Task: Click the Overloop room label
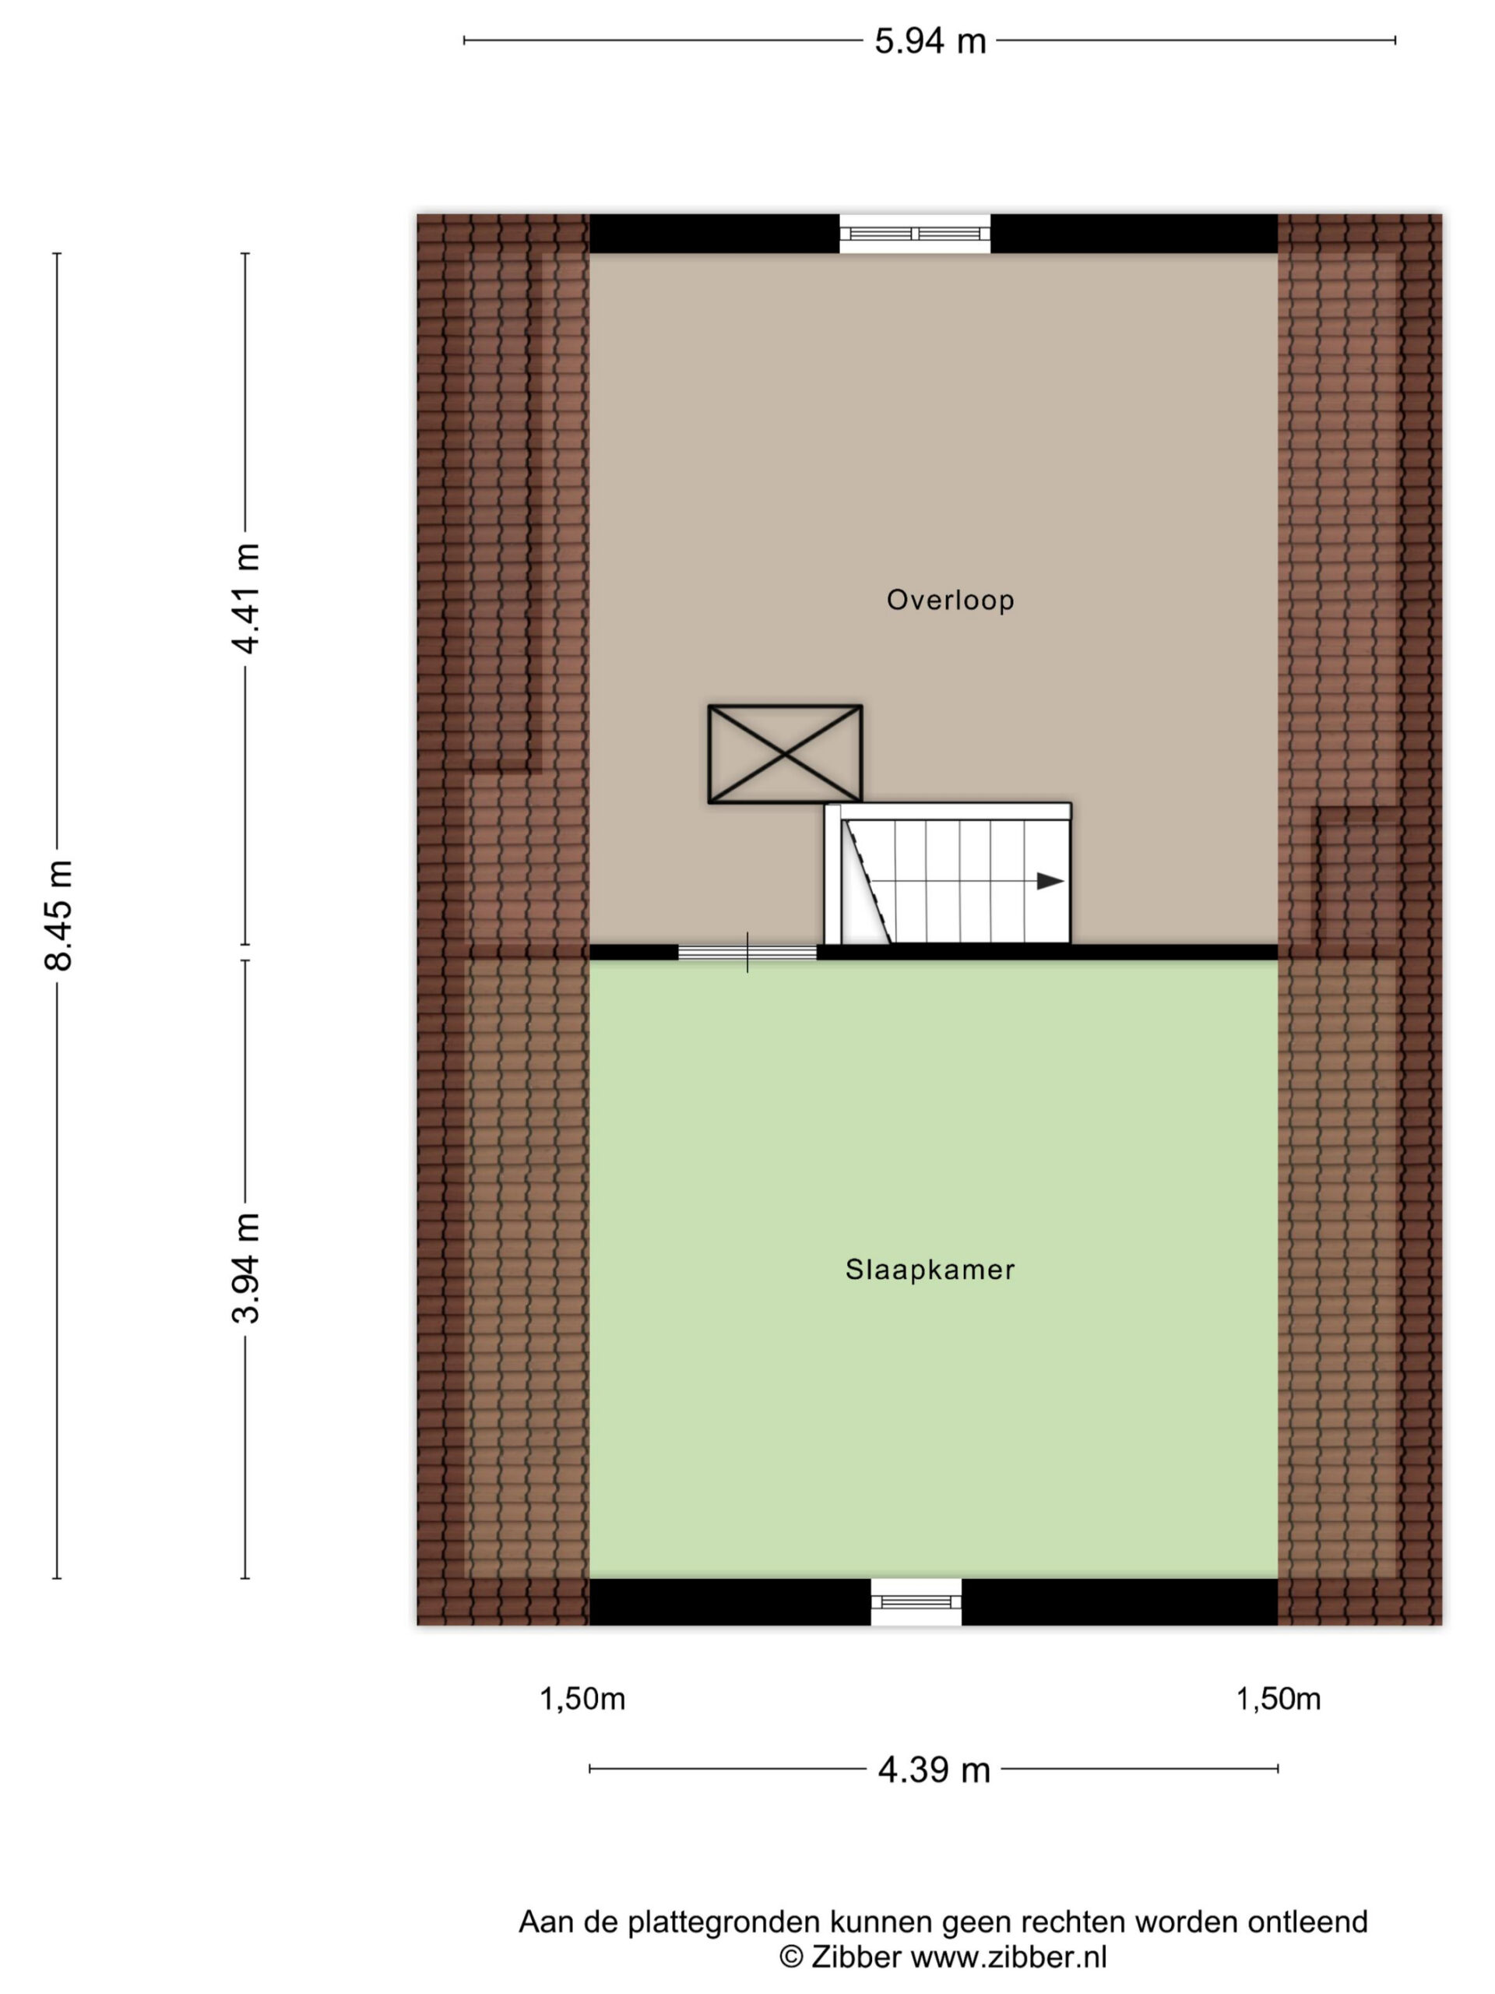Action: (950, 601)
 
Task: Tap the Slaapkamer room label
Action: (929, 1270)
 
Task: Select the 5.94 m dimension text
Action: (930, 41)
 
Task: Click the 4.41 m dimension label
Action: (246, 597)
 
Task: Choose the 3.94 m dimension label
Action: (246, 1267)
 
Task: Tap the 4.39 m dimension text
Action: (934, 1770)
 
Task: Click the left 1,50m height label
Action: (582, 1700)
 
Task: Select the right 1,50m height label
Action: (1278, 1700)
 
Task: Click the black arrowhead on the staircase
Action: (1050, 881)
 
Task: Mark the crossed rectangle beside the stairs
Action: (785, 754)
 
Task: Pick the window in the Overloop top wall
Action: (915, 234)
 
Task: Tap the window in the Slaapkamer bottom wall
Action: (916, 1602)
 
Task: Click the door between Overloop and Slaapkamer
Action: (747, 952)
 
